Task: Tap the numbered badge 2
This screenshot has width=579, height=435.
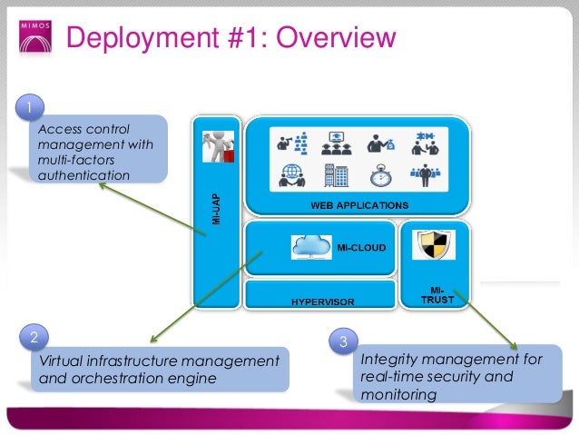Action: tap(33, 338)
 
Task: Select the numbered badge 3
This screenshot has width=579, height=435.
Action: tap(343, 342)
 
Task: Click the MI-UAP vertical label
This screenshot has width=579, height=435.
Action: tap(216, 206)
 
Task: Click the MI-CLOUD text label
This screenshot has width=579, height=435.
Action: tap(361, 246)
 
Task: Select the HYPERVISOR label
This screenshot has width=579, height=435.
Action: tap(322, 300)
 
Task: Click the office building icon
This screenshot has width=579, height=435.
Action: tap(336, 174)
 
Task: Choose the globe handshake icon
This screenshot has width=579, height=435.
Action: tap(292, 174)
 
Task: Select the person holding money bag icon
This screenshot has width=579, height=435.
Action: tap(379, 143)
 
